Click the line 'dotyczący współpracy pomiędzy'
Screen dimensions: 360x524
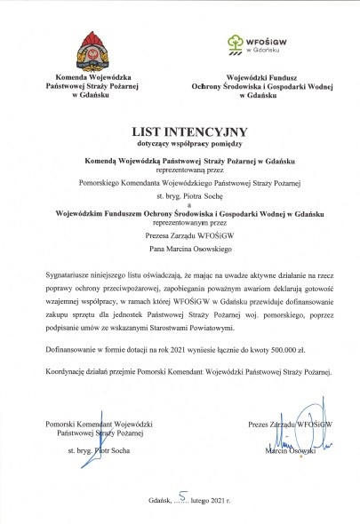point(180,143)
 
